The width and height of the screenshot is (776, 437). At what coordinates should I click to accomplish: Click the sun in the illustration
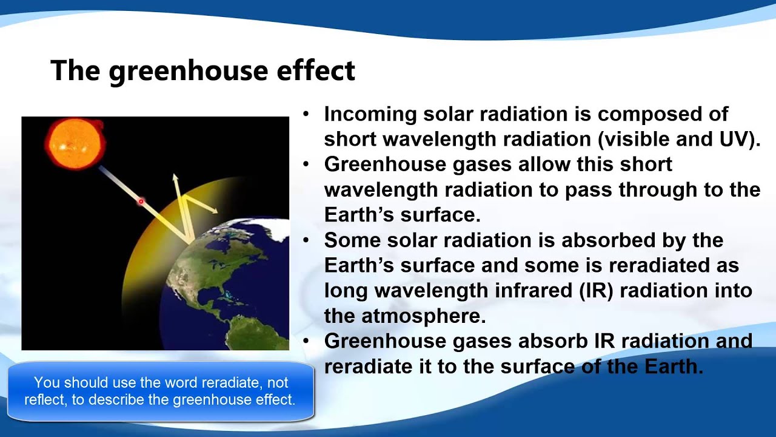75,144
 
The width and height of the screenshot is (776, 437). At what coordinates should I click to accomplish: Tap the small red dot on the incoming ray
141,202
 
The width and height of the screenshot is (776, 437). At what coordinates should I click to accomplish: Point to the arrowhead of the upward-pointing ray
175,178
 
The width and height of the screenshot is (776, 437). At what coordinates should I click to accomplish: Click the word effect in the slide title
316,71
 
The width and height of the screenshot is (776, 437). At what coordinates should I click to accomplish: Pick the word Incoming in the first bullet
370,114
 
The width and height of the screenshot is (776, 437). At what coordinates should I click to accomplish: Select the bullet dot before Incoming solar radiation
307,114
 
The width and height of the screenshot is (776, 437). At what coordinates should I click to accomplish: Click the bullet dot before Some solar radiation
307,240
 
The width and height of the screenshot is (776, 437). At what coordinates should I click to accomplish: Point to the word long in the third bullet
346,290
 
